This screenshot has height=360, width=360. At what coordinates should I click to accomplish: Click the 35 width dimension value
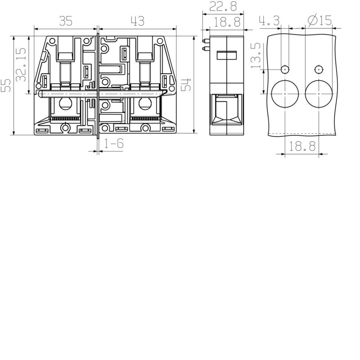pos(66,20)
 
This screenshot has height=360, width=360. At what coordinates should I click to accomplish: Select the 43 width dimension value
pos(137,20)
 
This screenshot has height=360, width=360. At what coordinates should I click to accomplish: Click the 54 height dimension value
pos(187,84)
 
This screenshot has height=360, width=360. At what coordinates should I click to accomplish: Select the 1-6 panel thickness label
pos(114,144)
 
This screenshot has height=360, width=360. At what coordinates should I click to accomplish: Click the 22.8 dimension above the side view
pos(224,7)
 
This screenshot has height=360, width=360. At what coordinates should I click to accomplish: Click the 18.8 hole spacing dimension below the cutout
pos(301,147)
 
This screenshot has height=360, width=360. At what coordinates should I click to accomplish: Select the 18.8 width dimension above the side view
pos(227,21)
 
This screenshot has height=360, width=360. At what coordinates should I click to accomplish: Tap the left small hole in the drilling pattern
pos(285,69)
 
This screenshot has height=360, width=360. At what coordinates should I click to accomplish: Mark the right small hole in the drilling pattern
pos(319,69)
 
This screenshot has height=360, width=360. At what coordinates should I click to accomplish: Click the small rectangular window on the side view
pos(227,56)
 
